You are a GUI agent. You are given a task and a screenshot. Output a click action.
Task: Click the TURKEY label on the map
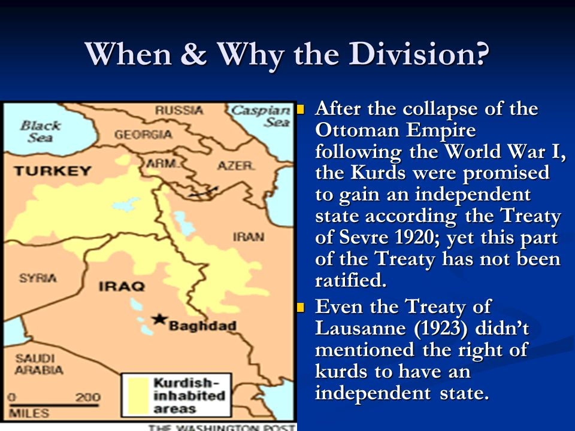53,171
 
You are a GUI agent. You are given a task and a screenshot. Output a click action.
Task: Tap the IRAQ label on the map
122,286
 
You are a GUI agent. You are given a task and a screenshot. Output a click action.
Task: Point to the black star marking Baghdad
159,318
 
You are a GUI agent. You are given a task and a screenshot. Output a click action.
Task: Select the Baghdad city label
202,326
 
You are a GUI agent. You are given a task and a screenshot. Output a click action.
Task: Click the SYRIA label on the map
38,278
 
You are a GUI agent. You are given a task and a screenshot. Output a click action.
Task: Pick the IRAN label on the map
248,236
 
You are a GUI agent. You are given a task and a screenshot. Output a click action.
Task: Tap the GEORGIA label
143,135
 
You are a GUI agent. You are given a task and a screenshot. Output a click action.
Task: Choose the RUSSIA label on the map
179,110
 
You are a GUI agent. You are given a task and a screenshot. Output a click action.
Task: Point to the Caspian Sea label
261,116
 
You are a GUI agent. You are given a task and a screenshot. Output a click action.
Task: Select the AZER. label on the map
235,165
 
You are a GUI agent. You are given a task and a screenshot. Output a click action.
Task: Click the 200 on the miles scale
87,396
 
